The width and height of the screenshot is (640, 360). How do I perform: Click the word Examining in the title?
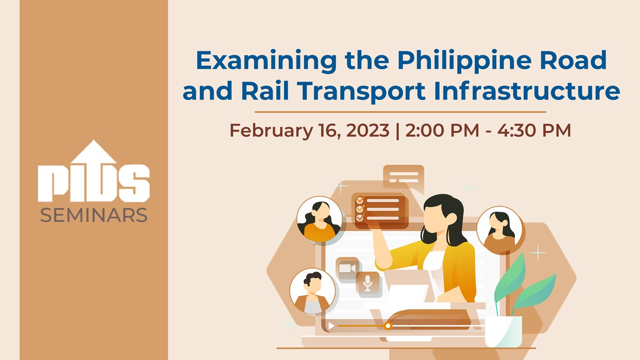[x=266, y=61]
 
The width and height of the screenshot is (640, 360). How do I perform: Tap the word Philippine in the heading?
[x=464, y=61]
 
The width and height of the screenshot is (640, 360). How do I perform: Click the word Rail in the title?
[x=265, y=91]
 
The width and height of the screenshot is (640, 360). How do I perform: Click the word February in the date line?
[x=271, y=131]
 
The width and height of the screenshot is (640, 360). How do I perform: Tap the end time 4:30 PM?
[x=534, y=130]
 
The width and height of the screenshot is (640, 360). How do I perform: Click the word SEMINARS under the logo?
[x=94, y=215]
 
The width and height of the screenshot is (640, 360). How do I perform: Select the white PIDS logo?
[x=94, y=171]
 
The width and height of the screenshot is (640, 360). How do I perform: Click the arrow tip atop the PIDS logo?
[x=94, y=140]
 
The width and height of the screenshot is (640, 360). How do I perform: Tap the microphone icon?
[x=368, y=284]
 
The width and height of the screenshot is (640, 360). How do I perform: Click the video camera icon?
[x=347, y=269]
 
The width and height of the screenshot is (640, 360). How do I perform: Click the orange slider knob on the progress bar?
[x=388, y=326]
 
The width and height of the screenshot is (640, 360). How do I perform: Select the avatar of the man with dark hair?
[x=312, y=291]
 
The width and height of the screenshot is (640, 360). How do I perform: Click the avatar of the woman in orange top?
[x=319, y=219]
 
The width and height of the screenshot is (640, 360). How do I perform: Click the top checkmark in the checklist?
[x=360, y=200]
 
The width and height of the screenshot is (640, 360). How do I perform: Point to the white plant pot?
[x=504, y=332]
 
